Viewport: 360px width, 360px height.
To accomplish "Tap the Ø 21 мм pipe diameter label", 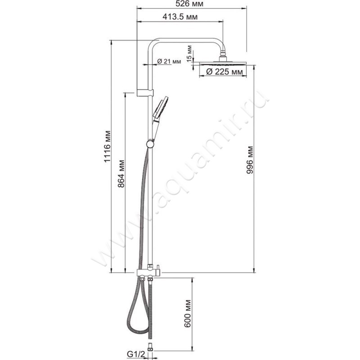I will pyautogui.click(x=169, y=62).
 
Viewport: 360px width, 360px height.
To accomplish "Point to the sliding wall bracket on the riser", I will pyautogui.click(x=145, y=93).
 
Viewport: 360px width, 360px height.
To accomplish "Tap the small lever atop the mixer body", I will pyautogui.click(x=158, y=267).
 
